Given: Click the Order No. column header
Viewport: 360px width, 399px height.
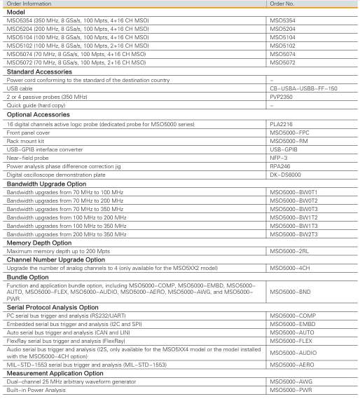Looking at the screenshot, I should (283, 4).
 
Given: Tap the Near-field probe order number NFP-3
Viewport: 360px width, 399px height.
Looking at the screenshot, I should (279, 156).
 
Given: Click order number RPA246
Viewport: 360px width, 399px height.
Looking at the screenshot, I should (280, 165).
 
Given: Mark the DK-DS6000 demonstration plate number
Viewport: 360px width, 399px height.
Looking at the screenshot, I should (284, 173).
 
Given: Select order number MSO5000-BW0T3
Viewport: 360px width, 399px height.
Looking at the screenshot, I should (294, 208).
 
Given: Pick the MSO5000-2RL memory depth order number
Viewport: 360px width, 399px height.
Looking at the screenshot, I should (290, 250).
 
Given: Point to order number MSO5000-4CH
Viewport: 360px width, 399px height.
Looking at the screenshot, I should (290, 268).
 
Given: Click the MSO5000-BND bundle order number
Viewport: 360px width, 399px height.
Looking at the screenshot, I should (290, 291).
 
